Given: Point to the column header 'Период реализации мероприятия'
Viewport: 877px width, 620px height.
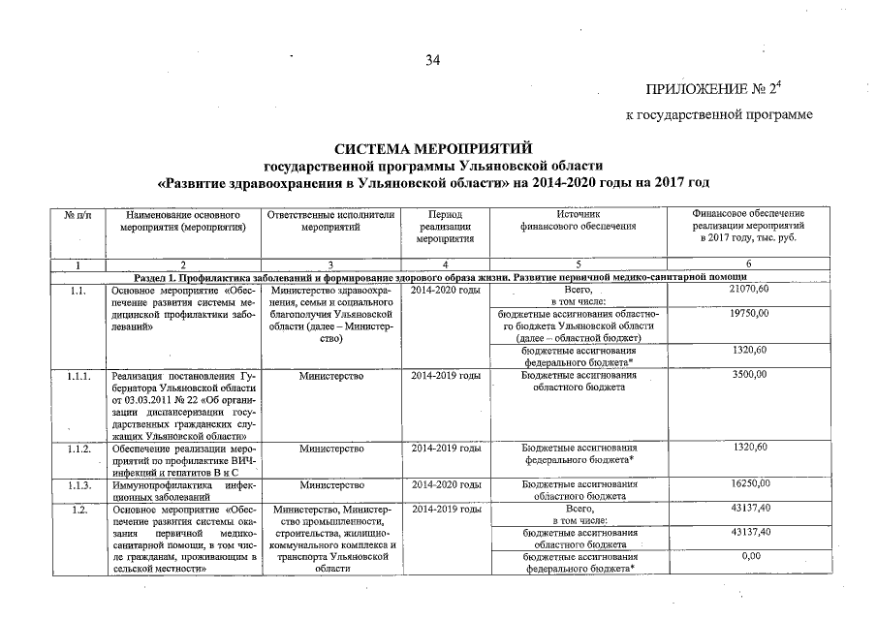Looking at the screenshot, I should (x=445, y=226).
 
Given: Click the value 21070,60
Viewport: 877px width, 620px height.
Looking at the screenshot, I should (x=748, y=290).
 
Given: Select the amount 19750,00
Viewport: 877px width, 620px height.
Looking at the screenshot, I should (x=748, y=314).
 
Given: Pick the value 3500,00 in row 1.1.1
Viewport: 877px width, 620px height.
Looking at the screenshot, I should (x=748, y=375).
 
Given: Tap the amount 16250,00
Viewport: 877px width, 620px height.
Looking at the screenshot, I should (x=748, y=483).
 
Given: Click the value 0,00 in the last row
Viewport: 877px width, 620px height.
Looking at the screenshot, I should (x=748, y=556).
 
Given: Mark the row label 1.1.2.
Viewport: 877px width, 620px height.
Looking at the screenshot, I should (x=80, y=448).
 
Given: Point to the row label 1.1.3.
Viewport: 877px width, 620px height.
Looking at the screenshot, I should (x=80, y=483).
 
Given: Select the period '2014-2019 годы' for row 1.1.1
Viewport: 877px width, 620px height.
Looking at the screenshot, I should (x=445, y=375).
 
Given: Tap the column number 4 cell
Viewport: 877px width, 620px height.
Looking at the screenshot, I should (x=445, y=263).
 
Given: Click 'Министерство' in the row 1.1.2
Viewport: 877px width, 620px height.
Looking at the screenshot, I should (x=330, y=448).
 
